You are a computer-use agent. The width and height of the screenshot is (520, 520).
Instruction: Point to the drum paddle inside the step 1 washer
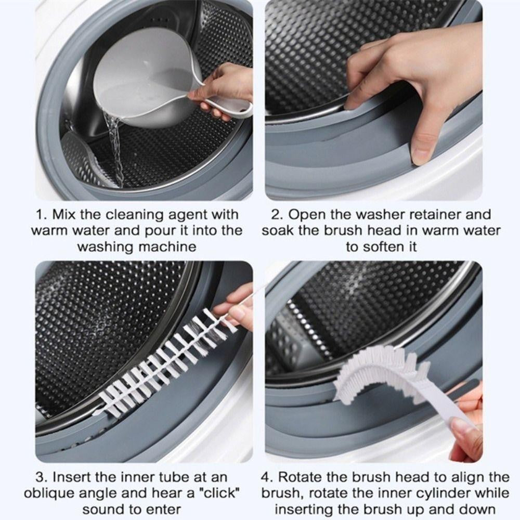pos(83,156)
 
